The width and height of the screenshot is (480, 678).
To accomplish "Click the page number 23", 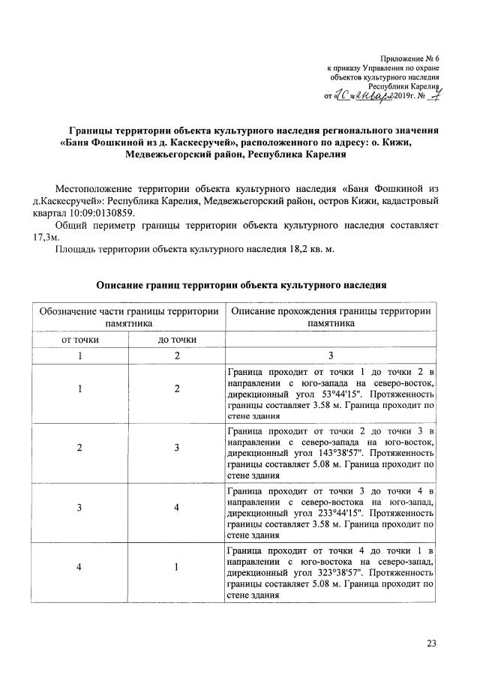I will [x=431, y=642].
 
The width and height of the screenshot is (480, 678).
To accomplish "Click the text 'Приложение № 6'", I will [x=409, y=58].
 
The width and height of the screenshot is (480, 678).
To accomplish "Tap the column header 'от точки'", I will [x=79, y=340].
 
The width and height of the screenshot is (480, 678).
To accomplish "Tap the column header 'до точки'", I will [x=177, y=340].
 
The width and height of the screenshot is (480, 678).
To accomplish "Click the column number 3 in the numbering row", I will [x=330, y=355].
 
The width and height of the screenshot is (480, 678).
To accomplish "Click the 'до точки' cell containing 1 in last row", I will [x=177, y=568].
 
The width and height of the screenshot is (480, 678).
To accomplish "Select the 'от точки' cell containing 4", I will [x=79, y=568].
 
